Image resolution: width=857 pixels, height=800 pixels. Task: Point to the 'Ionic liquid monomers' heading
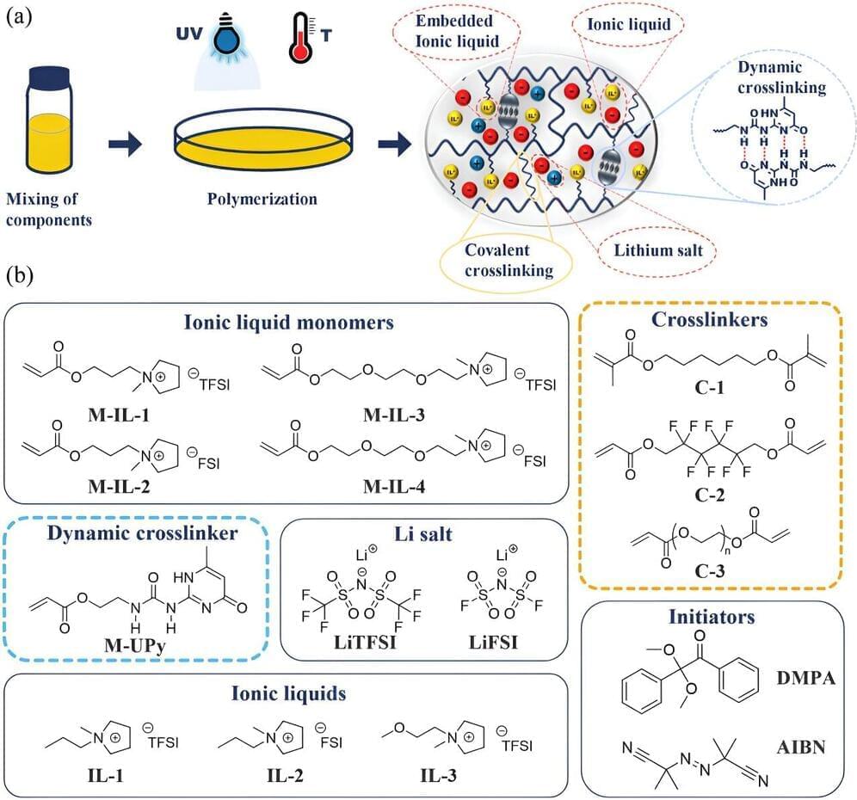point(288,324)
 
